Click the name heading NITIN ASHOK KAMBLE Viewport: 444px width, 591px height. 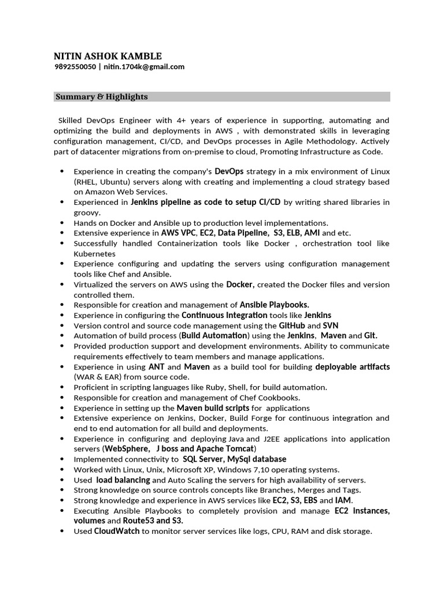click(108, 56)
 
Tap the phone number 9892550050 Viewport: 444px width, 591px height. click(75, 67)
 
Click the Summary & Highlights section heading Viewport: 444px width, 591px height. click(102, 97)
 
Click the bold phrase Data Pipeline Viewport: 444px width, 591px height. click(243, 233)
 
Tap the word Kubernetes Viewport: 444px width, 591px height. click(94, 253)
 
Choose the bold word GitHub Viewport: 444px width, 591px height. click(292, 326)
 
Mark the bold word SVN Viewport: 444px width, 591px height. click(330, 326)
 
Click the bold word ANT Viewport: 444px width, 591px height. click(156, 367)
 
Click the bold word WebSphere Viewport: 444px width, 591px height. click(125, 449)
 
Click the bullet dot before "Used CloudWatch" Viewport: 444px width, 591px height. click(62, 531)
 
